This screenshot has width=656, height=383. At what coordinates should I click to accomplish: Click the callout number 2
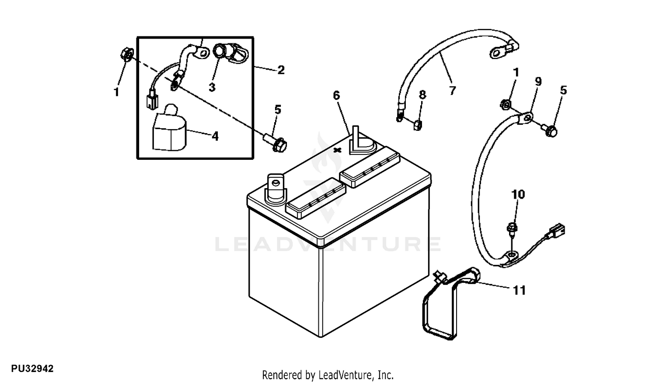[x=281, y=70]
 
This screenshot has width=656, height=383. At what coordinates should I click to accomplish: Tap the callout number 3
[x=212, y=87]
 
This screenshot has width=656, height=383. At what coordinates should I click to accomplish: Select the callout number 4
[x=215, y=136]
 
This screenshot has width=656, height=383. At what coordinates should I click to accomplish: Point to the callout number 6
[x=336, y=95]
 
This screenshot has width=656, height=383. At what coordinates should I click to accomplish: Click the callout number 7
[x=453, y=91]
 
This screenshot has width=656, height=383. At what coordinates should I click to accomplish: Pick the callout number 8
[x=422, y=95]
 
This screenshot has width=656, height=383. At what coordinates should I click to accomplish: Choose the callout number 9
[x=538, y=81]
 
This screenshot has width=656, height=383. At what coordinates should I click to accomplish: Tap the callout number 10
[x=518, y=194]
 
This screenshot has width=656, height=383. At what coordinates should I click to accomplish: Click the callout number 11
[x=519, y=290]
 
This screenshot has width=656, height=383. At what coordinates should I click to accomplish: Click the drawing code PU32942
[x=32, y=369]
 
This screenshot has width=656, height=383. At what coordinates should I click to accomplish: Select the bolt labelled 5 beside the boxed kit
[x=276, y=143]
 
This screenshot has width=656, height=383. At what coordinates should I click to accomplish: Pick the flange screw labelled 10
[x=512, y=229]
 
